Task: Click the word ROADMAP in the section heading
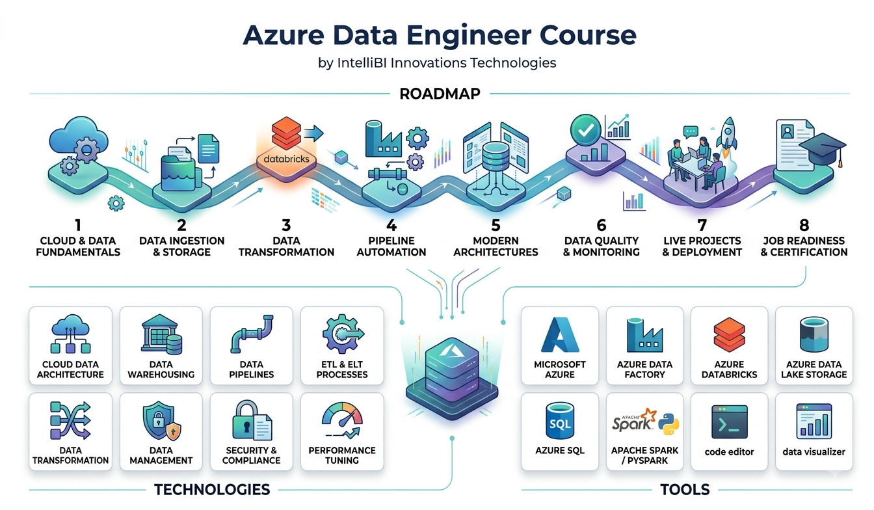click(x=440, y=94)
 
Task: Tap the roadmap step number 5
click(x=496, y=225)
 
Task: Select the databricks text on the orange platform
click(x=286, y=159)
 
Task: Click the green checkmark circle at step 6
click(x=586, y=130)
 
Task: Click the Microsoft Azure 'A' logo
click(x=560, y=335)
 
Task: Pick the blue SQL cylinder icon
click(x=560, y=421)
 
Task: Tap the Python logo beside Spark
click(x=669, y=424)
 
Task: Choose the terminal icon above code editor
click(x=729, y=422)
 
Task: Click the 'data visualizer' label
click(x=814, y=452)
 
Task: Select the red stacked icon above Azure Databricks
click(x=729, y=335)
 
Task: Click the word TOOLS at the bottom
click(x=685, y=490)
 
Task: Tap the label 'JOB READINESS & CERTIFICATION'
click(x=804, y=247)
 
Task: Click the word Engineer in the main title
click(x=469, y=36)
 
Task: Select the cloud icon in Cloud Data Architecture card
click(x=71, y=325)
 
